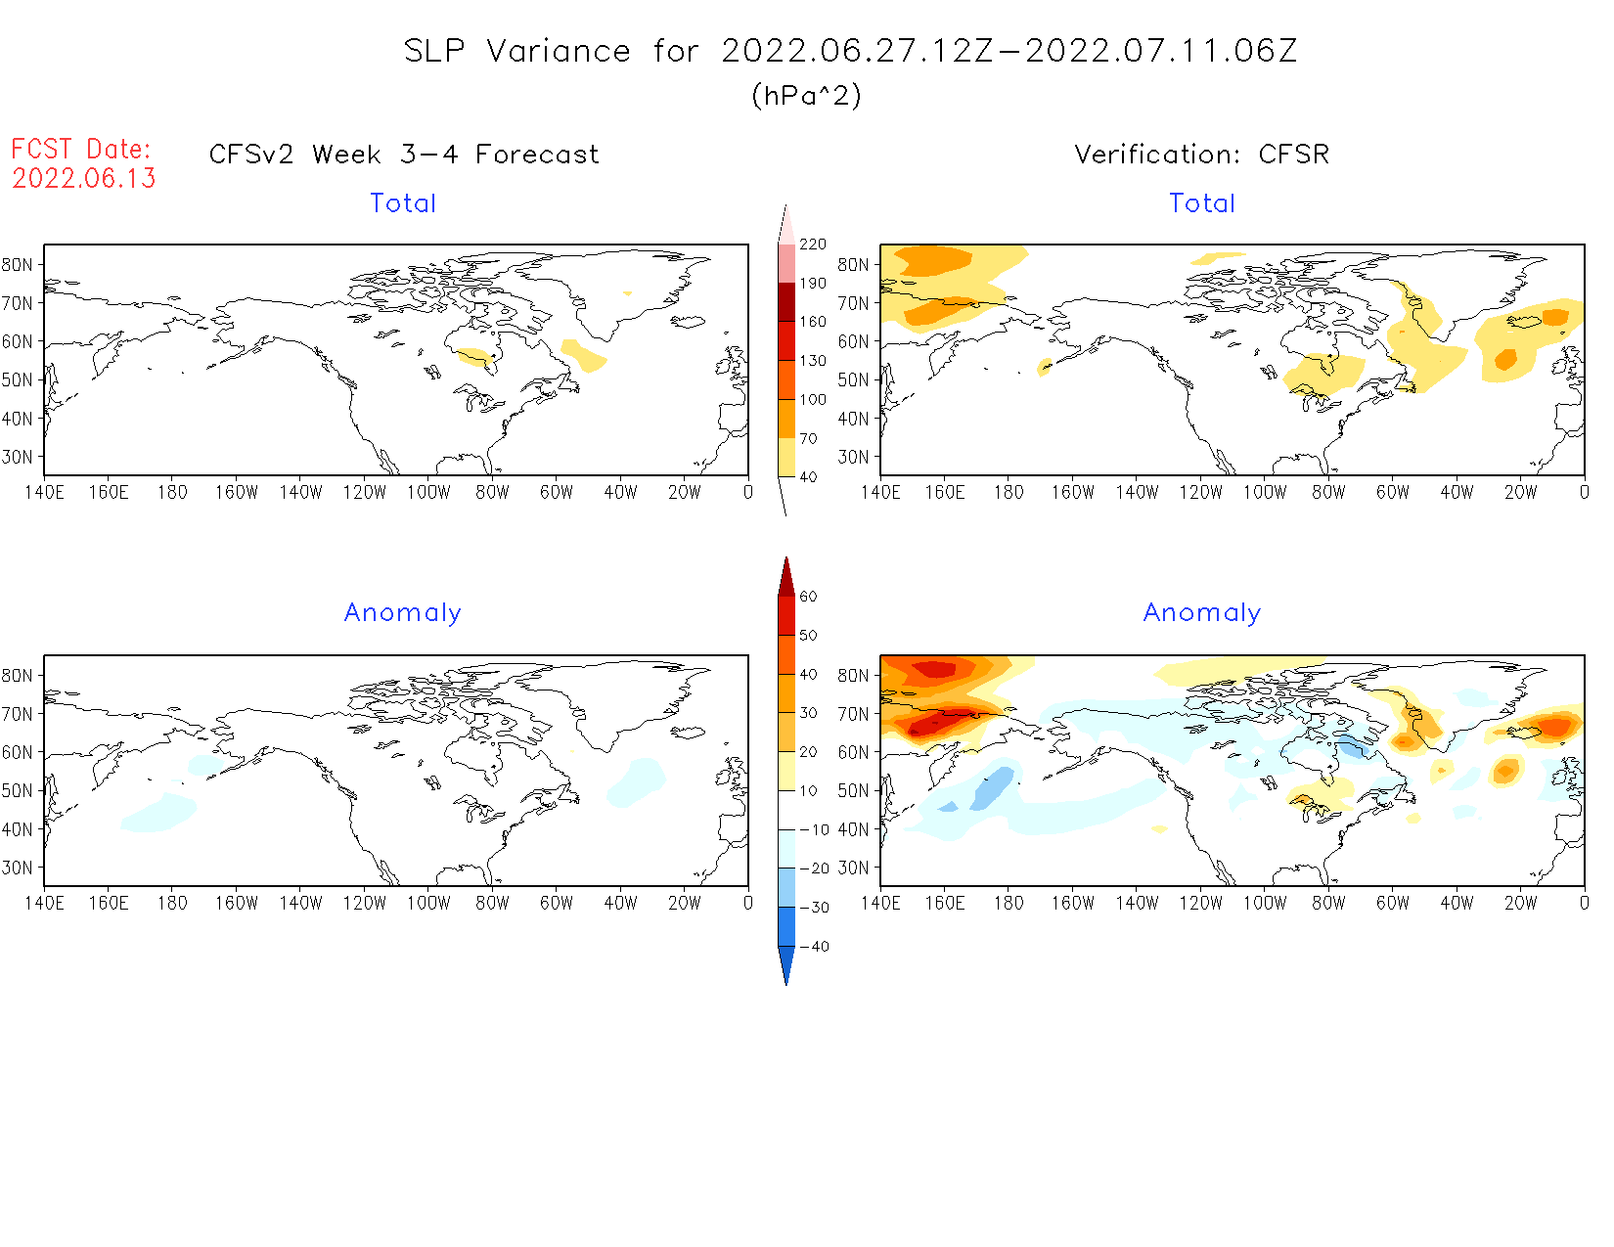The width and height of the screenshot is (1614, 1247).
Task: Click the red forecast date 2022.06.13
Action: [x=84, y=178]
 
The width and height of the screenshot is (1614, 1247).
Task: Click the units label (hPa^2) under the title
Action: [x=806, y=95]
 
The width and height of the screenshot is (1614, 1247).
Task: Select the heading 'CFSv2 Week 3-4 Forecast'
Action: [x=403, y=155]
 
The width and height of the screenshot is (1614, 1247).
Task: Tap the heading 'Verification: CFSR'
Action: [x=1201, y=155]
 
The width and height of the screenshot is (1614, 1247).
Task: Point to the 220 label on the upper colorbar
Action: [x=812, y=245]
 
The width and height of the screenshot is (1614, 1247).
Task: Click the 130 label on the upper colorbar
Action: [x=812, y=361]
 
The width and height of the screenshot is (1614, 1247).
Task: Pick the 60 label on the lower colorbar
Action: [x=808, y=597]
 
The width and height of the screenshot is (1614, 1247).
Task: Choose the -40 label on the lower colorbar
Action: [x=814, y=947]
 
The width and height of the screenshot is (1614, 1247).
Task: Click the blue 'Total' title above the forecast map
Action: [x=403, y=203]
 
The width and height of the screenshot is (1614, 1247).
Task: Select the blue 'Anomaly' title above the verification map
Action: [x=1201, y=613]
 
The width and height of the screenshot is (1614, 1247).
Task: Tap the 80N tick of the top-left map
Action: [x=18, y=265]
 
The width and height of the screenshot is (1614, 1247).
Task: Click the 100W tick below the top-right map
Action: [x=1264, y=493]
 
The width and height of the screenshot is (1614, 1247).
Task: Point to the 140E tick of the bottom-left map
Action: [x=45, y=904]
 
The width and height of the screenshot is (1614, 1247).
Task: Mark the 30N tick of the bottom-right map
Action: [x=853, y=868]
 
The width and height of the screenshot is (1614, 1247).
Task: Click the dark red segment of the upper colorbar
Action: [x=786, y=301]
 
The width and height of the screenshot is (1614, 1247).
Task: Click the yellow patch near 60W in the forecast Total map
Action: [x=584, y=355]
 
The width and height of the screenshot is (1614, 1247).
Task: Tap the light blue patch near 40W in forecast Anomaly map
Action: [x=636, y=780]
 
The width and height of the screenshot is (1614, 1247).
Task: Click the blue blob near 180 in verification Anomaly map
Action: [x=992, y=787]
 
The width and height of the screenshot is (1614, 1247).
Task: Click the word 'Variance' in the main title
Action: [x=559, y=51]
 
